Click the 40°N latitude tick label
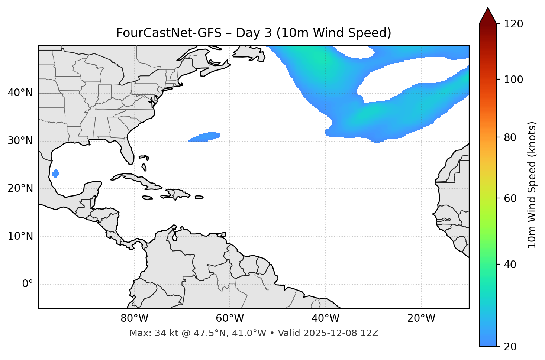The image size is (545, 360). tap(20, 93)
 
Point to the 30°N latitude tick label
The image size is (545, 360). tap(20, 141)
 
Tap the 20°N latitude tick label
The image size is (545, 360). tap(20, 188)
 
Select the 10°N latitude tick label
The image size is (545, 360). tap(20, 236)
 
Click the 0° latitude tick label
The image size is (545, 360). tap(28, 284)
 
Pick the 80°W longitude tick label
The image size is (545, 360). tap(134, 318)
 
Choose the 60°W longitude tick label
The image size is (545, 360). tap(230, 318)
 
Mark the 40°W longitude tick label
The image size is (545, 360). tap(325, 318)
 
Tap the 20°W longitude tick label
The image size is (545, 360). tap(421, 318)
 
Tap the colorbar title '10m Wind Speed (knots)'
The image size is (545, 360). tap(532, 185)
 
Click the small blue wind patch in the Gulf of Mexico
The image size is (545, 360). tap(56, 173)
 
